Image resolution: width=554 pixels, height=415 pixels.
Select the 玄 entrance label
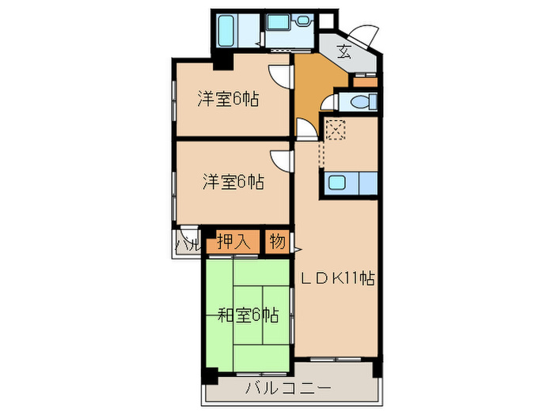tap(344, 53)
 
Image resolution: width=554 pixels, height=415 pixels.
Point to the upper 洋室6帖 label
tap(229, 100)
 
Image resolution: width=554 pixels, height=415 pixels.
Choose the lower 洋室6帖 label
tap(232, 182)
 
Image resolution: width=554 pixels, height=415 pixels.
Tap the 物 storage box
tap(276, 241)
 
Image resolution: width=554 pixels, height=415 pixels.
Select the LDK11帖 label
tap(336, 278)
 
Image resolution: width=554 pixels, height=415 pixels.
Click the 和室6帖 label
tap(248, 315)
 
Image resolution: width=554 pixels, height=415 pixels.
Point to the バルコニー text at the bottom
tap(287, 388)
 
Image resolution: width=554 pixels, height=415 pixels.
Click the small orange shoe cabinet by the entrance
tap(364, 81)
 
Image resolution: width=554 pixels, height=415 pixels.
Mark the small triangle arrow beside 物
tap(298, 250)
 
